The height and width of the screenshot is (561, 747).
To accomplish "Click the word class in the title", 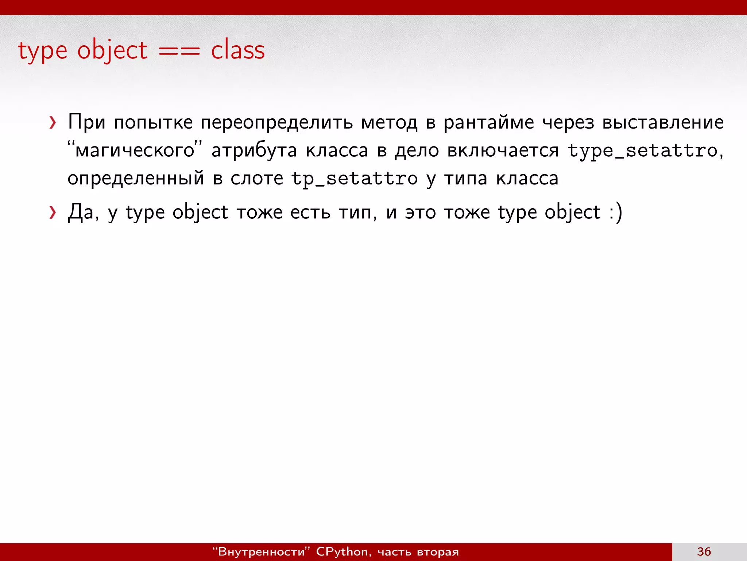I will click(x=238, y=50).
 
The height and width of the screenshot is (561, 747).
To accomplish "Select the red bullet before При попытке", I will click(x=53, y=123).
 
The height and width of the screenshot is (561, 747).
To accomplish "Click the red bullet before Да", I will click(x=53, y=213).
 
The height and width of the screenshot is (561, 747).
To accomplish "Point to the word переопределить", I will click(x=276, y=123).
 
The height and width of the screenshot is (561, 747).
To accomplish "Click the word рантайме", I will click(x=488, y=123).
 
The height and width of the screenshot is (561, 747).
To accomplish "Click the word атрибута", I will click(x=254, y=150).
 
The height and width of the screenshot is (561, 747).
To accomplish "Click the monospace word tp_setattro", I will click(x=354, y=179).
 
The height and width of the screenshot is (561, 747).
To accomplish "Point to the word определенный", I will click(x=136, y=179).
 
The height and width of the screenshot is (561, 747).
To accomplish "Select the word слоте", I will click(x=256, y=179).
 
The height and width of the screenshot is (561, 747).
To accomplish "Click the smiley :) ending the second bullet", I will click(x=616, y=213).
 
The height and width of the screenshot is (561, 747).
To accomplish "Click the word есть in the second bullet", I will click(x=310, y=213).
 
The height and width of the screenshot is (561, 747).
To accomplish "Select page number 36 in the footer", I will click(x=704, y=552).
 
